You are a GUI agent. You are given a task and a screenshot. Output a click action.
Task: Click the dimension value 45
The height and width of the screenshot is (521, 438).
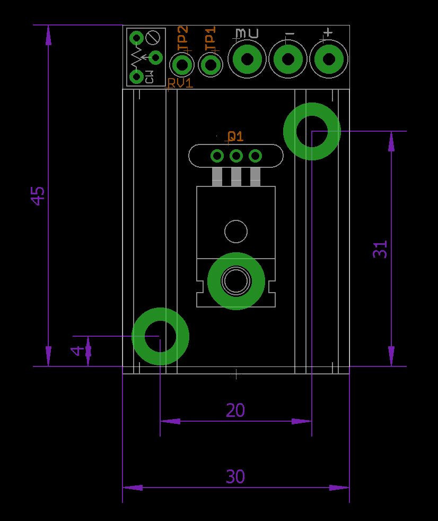(x=38, y=195)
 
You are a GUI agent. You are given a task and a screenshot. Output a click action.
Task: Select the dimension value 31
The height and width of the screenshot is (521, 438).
(x=380, y=249)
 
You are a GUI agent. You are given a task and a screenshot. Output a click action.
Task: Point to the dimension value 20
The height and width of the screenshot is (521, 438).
(x=235, y=410)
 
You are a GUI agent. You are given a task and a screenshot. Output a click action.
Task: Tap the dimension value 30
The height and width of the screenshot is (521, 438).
(x=235, y=477)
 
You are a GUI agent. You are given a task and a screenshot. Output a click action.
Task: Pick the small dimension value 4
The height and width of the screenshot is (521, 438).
(x=77, y=351)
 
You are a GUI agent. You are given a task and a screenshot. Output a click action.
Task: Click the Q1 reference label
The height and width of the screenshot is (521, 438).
(x=235, y=136)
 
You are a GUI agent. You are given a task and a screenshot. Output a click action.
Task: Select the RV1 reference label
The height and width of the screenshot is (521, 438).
(x=180, y=83)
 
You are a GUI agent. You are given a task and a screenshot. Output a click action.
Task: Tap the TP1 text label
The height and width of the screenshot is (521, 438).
(x=211, y=39)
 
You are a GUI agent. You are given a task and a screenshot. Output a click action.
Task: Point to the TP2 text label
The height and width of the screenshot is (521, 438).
(x=182, y=39)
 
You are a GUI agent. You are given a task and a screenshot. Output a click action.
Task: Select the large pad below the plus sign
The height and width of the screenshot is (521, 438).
(x=328, y=58)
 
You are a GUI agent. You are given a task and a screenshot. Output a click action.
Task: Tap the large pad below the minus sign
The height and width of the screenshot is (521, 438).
(x=288, y=58)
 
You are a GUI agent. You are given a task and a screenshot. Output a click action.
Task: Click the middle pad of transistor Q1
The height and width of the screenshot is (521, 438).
(x=236, y=156)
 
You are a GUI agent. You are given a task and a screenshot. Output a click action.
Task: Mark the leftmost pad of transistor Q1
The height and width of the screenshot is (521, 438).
(x=217, y=156)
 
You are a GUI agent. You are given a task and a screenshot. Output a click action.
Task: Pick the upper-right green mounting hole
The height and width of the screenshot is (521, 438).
(x=312, y=131)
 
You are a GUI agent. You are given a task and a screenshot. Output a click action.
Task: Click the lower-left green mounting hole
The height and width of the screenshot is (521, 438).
(x=160, y=336)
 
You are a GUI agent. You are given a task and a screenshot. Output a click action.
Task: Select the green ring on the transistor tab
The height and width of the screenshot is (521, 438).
(x=236, y=281)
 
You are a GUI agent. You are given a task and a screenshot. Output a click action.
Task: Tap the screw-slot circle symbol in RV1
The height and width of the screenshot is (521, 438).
(x=154, y=38)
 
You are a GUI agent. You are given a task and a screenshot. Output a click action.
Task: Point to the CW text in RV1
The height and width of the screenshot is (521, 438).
(x=149, y=77)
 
